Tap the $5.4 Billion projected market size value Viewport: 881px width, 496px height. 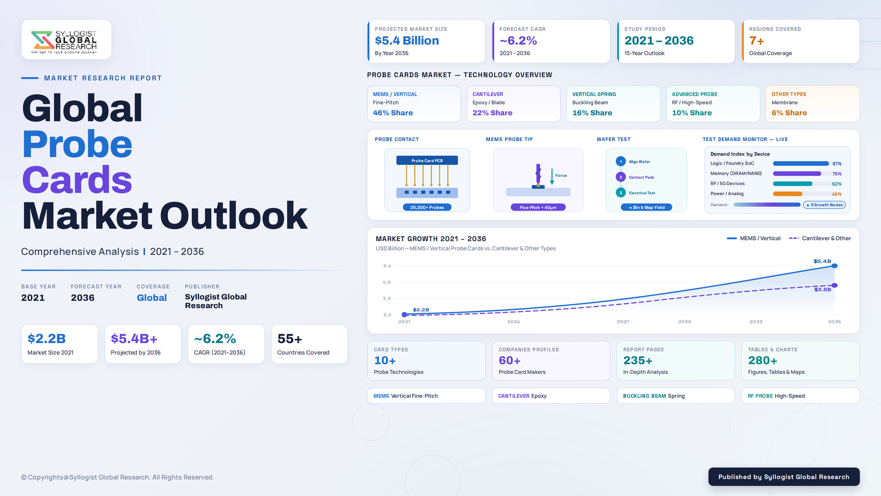coord(407,40)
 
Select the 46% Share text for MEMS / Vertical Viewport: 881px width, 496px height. coord(393,113)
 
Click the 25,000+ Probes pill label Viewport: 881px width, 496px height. coord(427,208)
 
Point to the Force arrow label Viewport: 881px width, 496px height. coord(561,175)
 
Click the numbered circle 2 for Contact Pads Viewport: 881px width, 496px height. coord(621,177)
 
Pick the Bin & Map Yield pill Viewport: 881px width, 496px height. coord(646,208)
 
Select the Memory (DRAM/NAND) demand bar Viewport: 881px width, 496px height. coord(797,174)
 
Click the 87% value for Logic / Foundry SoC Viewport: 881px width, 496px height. coord(837,163)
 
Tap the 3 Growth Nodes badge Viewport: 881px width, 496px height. coord(824,205)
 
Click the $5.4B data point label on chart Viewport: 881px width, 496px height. coord(822,261)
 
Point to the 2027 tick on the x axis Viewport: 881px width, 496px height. coord(623,321)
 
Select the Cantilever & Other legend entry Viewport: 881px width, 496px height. coord(820,238)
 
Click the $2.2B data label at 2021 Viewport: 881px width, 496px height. coord(421,310)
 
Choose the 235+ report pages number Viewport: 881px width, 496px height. coord(638,361)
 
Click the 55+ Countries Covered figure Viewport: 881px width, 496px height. coord(290,339)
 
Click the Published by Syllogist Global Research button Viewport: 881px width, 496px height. coord(784,477)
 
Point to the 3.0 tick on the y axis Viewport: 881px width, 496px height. coord(387,299)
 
